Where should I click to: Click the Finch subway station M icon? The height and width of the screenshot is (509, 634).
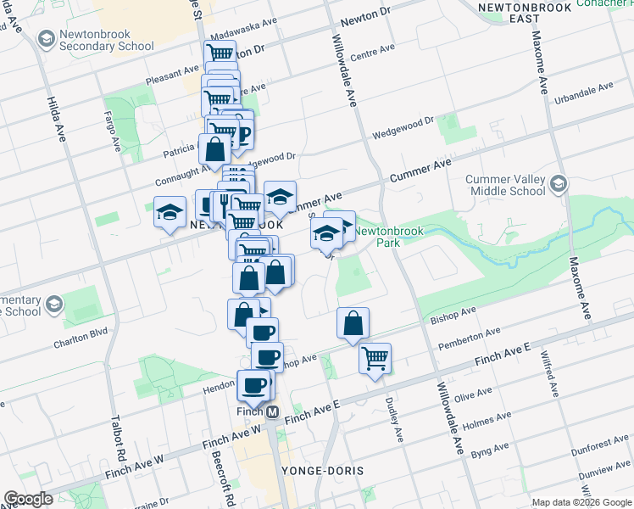(x=273, y=411)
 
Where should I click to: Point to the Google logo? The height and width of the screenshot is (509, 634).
(x=28, y=499)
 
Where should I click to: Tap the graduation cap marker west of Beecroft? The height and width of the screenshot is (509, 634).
(x=170, y=211)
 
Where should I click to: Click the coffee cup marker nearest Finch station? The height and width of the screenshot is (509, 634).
(x=253, y=386)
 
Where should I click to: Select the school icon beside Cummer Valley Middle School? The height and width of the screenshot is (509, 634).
(x=559, y=184)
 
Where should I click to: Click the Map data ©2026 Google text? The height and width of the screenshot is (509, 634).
(x=581, y=501)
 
